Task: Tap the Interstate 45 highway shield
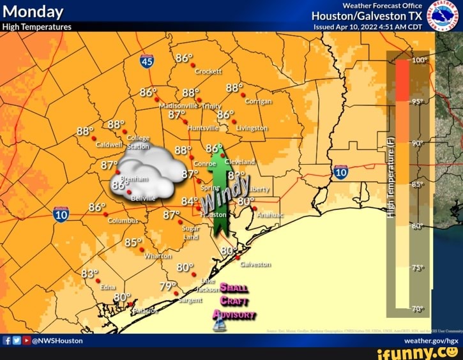tap(146, 61)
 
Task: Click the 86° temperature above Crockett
tap(184, 58)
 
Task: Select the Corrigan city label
tap(258, 101)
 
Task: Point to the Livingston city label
tap(252, 128)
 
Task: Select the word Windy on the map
tap(225, 194)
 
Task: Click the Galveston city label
tap(255, 264)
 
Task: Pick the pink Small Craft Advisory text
tap(235, 300)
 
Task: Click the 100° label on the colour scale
tap(419, 60)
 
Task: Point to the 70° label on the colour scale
tap(419, 309)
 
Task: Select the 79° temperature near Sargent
tap(168, 285)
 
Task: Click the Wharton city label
tap(158, 255)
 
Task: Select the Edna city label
tap(108, 287)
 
